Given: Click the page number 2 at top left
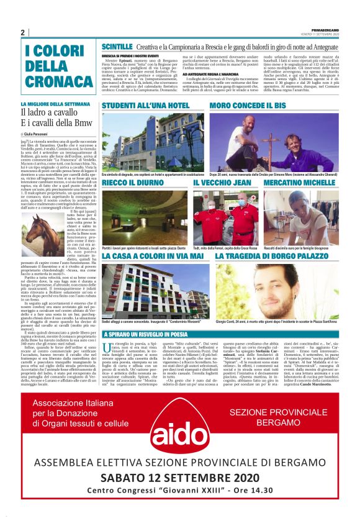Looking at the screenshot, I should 22,32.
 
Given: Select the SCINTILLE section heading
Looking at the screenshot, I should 117,47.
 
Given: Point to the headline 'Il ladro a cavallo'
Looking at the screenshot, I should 49,112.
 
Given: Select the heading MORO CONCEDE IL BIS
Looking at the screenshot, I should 248,106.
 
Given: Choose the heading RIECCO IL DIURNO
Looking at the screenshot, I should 132,183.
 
